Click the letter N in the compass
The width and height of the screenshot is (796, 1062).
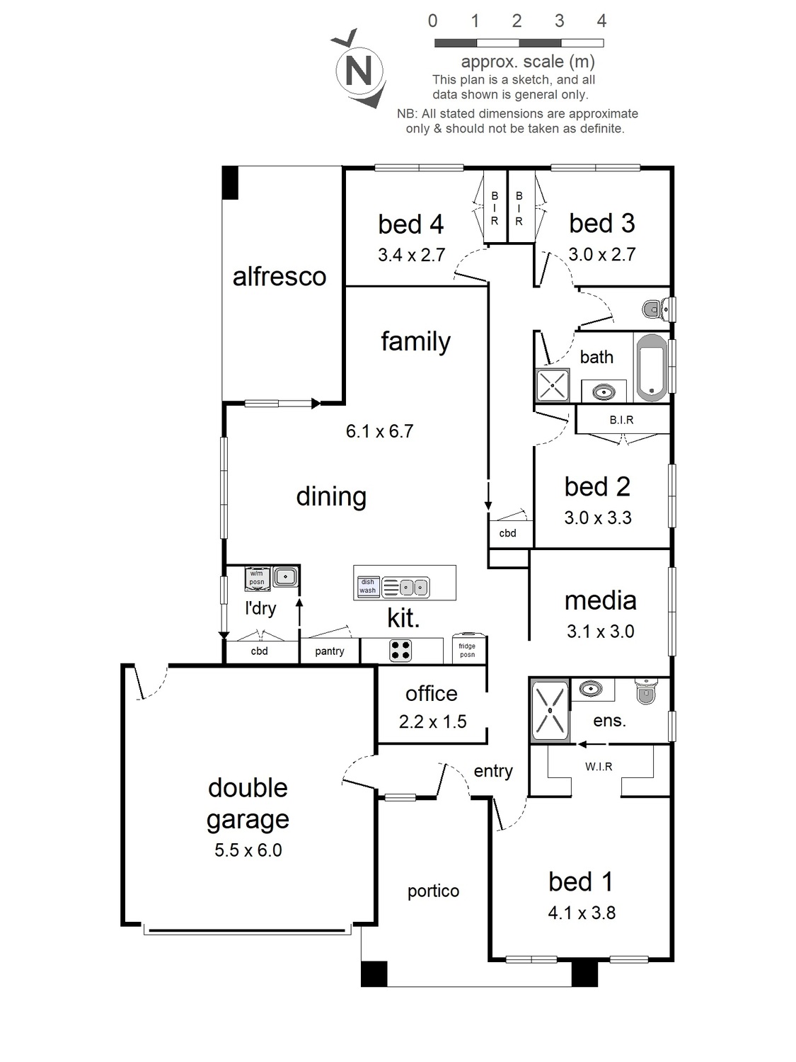[x=359, y=71]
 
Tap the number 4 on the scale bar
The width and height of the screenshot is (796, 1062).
[x=601, y=21]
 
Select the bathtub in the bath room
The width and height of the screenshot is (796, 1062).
[x=652, y=367]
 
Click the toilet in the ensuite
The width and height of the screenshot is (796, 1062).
[x=645, y=690]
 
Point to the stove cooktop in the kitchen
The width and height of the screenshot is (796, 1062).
[x=400, y=650]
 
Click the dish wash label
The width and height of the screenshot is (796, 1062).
[x=367, y=586]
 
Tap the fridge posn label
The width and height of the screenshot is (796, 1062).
[x=467, y=650]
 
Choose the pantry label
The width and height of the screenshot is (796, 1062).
[x=330, y=652]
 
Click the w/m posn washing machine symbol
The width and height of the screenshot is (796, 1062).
[x=257, y=580]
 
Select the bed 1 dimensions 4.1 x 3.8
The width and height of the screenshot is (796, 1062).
[x=582, y=913]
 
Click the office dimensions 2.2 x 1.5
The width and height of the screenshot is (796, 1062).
[x=432, y=721]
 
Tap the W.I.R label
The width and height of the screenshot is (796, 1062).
[x=599, y=766]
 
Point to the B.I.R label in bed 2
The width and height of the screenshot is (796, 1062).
[x=621, y=420]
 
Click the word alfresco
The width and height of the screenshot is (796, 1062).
[x=279, y=277]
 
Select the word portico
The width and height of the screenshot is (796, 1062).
[x=433, y=891]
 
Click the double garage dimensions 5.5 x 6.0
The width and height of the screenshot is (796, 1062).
[x=248, y=850]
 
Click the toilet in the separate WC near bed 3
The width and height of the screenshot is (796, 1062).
[x=657, y=308]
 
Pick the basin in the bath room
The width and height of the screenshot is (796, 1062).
[x=603, y=392]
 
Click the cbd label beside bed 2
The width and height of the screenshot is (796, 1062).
[x=507, y=533]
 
